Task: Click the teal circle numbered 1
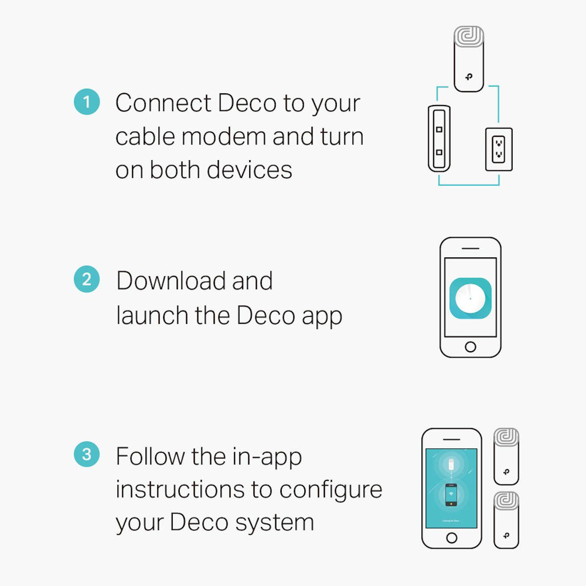[x=87, y=102]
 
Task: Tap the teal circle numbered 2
[x=87, y=279]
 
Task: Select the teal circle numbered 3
[x=87, y=455]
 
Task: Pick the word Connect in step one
[x=163, y=103]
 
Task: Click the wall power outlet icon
[x=499, y=149]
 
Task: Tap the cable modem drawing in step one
[x=439, y=138]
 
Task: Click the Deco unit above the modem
[x=469, y=60]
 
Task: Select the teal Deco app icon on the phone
[x=470, y=298]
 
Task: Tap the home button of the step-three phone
[x=452, y=538]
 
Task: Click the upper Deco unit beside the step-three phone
[x=506, y=456]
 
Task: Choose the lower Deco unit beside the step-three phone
[x=506, y=521]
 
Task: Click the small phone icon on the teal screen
[x=451, y=494]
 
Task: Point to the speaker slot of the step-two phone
[x=470, y=249]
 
